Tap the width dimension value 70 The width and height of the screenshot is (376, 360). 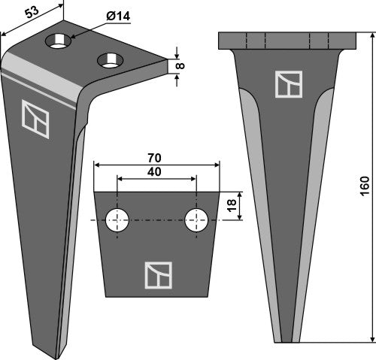coord(156,159)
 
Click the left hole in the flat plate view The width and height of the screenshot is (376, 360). coord(117,220)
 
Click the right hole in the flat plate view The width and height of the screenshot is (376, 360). coord(196,220)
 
